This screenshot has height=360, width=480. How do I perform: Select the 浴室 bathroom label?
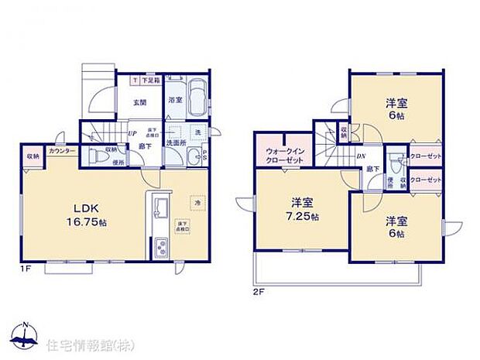(175, 100)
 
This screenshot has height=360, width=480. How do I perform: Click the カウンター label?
(61, 151)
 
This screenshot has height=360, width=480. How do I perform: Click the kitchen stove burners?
(161, 249)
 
